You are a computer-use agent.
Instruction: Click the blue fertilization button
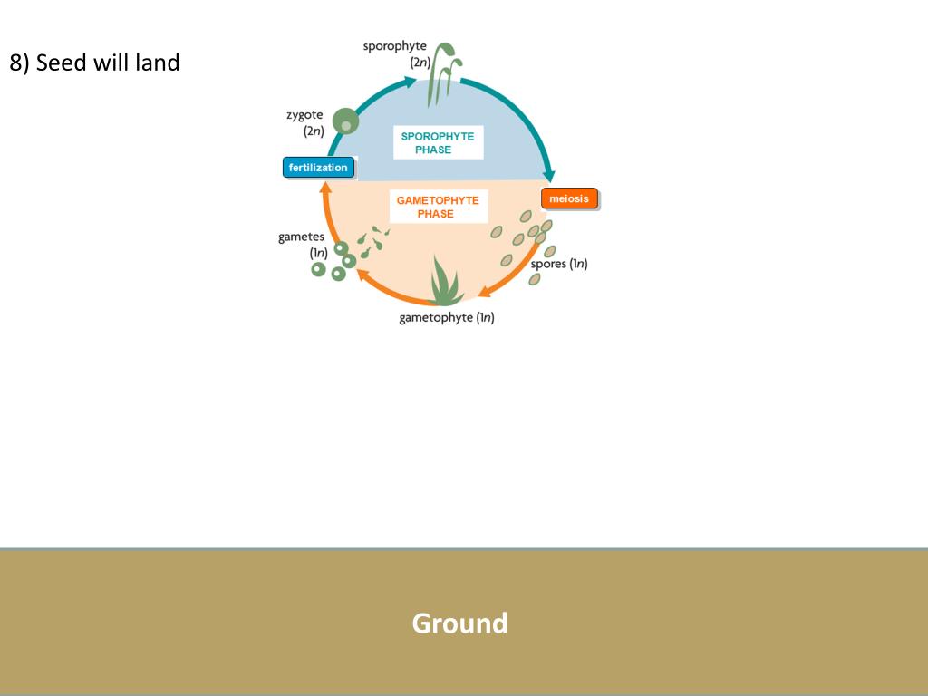click(318, 168)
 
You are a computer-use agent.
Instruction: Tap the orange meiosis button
click(569, 198)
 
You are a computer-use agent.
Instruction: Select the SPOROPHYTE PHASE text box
click(437, 143)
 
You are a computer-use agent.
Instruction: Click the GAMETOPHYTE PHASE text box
click(438, 207)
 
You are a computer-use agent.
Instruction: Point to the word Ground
click(459, 623)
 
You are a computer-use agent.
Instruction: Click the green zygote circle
click(345, 121)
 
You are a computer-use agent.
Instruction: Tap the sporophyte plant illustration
click(442, 72)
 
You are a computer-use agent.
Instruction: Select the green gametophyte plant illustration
click(445, 283)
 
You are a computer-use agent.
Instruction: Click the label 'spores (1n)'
click(559, 264)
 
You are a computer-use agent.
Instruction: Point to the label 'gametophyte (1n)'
click(447, 317)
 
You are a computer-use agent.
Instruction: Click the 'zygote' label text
click(304, 115)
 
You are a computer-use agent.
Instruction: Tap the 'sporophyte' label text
click(394, 46)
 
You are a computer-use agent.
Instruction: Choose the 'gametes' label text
click(301, 237)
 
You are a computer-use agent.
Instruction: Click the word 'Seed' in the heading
click(62, 63)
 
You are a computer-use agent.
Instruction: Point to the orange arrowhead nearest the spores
click(485, 292)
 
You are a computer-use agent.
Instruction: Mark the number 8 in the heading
click(15, 63)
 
